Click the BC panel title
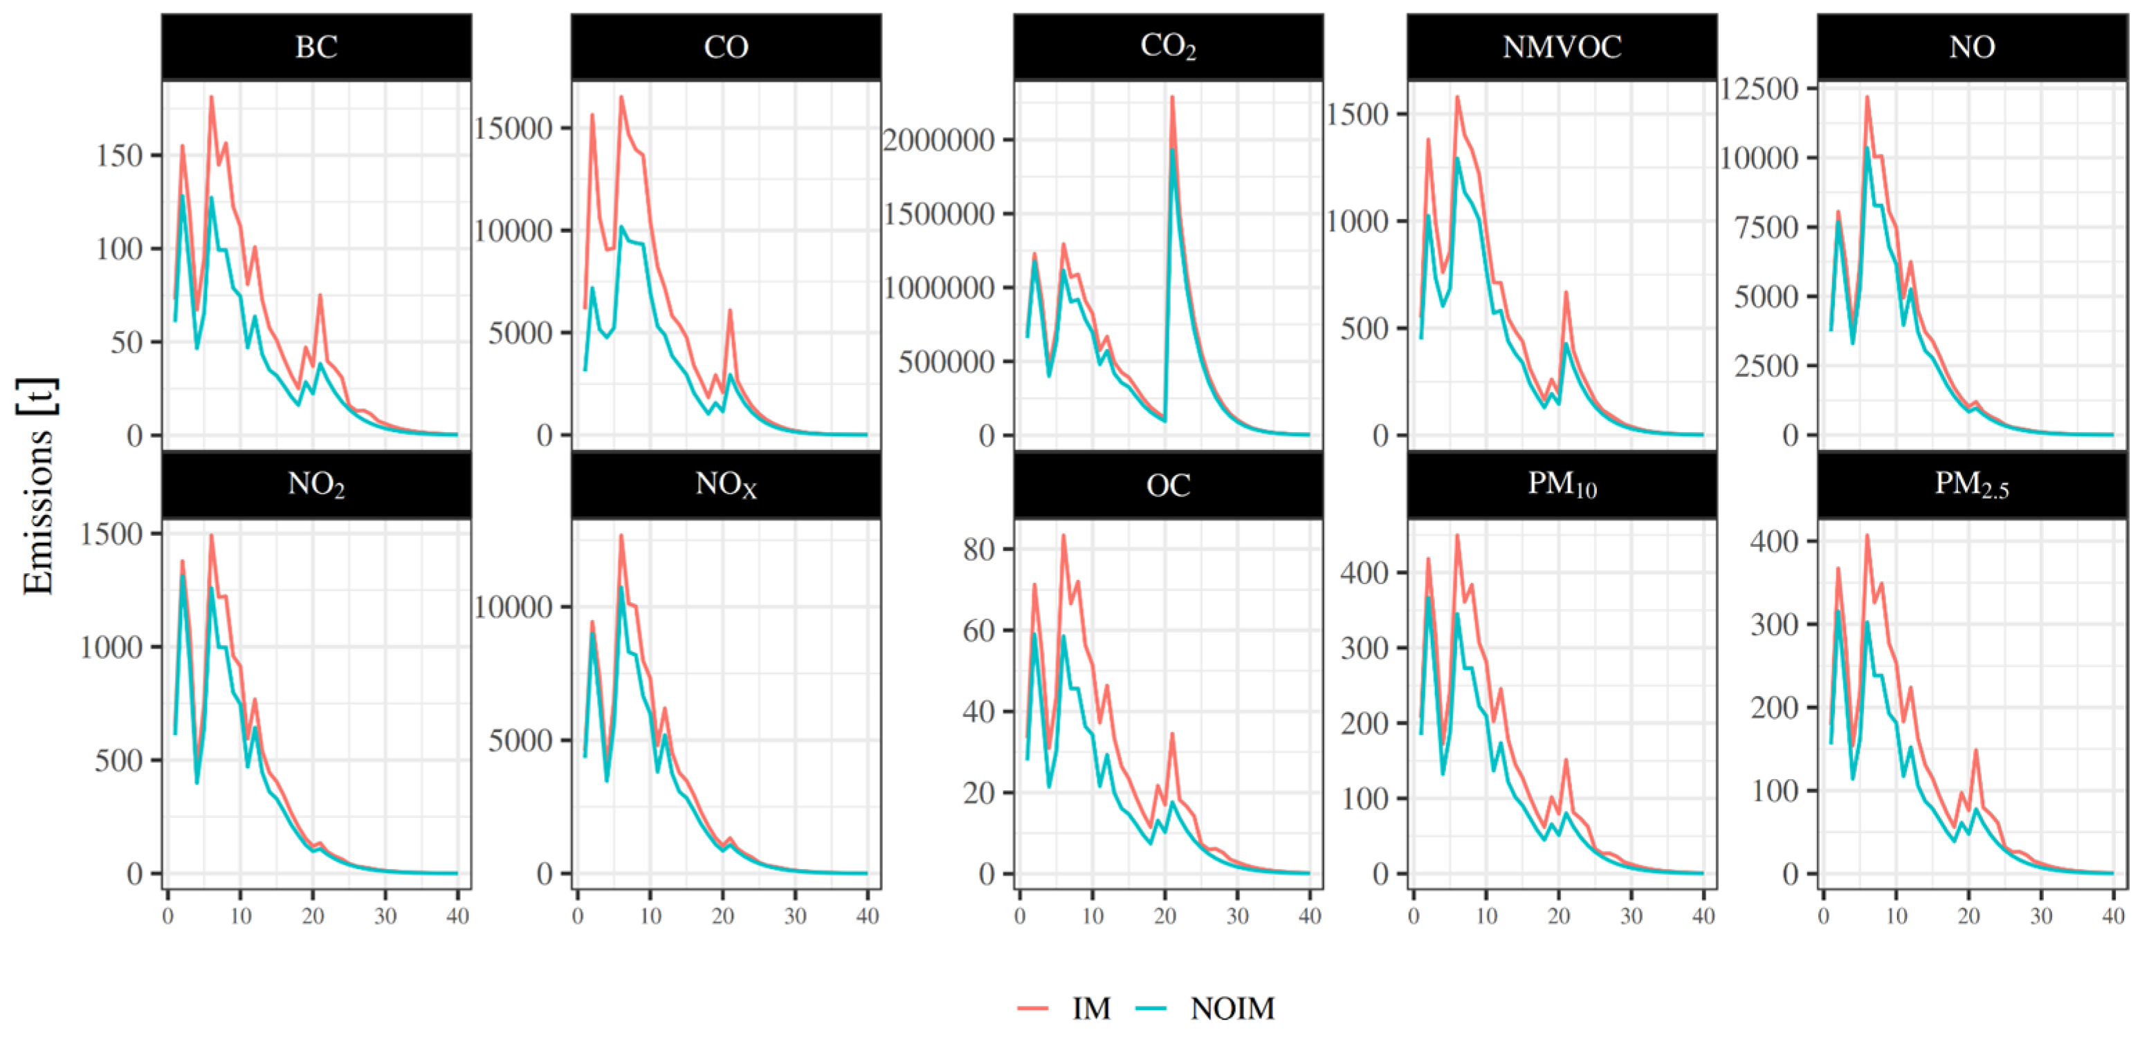pyautogui.click(x=316, y=47)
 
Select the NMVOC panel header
pyautogui.click(x=1561, y=47)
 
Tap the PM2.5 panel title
pyautogui.click(x=1971, y=485)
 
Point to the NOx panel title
pyautogui.click(x=725, y=485)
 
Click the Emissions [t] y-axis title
pyautogui.click(x=38, y=487)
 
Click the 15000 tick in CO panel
pyautogui.click(x=513, y=129)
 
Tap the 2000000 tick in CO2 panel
pyautogui.click(x=938, y=140)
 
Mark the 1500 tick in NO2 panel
pyautogui.click(x=111, y=534)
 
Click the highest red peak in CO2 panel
pyautogui.click(x=1172, y=97)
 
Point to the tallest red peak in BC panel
pyautogui.click(x=211, y=97)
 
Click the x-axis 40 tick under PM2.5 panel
pyautogui.click(x=2112, y=917)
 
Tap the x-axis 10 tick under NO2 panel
pyautogui.click(x=241, y=917)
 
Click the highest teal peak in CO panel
pyautogui.click(x=621, y=226)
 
